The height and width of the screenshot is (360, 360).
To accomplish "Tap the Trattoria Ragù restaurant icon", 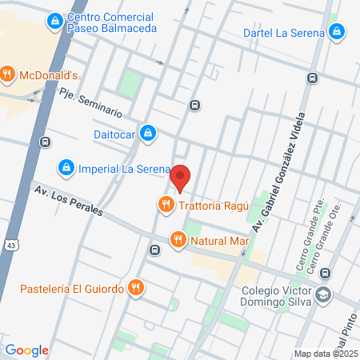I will tap(166, 205).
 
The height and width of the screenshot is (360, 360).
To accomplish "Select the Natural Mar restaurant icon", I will tap(178, 239).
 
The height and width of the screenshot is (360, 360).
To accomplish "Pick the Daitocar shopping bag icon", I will tap(147, 132).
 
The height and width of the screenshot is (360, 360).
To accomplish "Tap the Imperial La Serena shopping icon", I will tap(66, 169).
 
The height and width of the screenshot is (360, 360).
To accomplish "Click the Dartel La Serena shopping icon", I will tap(338, 33).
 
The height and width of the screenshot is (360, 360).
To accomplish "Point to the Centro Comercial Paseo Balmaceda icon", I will tap(55, 21).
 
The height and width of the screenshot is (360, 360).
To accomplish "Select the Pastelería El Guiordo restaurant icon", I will tap(137, 287).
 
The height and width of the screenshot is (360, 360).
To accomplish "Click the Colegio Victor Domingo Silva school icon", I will tap(323, 295).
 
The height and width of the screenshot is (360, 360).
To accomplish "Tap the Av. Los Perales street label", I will tap(67, 200).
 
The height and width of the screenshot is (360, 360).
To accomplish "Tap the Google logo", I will tap(26, 350).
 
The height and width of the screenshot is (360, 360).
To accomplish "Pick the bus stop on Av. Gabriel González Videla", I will tap(312, 78).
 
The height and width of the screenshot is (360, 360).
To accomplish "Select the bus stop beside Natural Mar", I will tap(154, 248).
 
